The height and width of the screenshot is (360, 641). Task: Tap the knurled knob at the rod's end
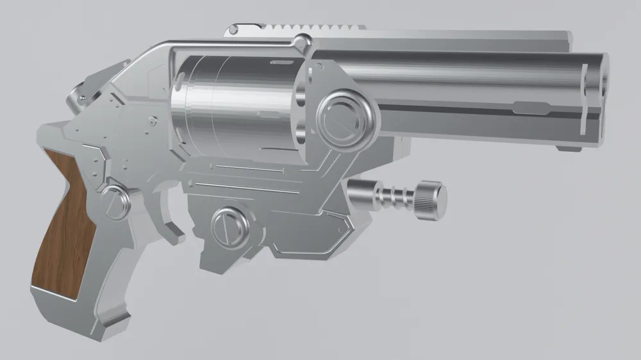(x=430, y=199)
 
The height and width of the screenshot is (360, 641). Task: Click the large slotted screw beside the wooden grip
(x=115, y=202)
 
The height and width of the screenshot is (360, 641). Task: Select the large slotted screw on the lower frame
(x=229, y=226)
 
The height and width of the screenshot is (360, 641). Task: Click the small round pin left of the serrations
(x=234, y=29)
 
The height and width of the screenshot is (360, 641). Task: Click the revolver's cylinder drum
(x=237, y=102)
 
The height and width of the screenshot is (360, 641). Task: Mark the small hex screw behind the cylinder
(x=152, y=120)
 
